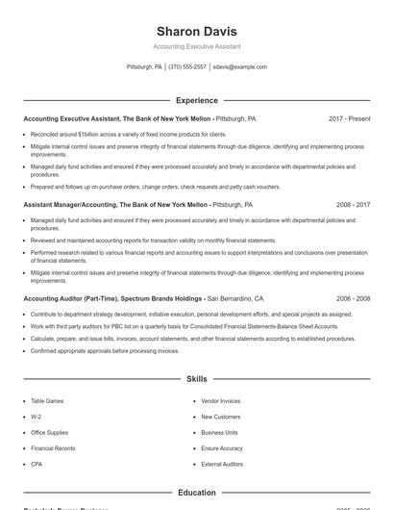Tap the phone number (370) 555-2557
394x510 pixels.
(187, 67)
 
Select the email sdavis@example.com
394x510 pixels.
(239, 67)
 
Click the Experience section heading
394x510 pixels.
(196, 100)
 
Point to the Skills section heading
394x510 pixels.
(196, 380)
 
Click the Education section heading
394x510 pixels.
(196, 493)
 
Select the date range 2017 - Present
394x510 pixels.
(349, 118)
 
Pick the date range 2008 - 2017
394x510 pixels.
(353, 205)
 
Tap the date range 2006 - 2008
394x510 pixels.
(353, 299)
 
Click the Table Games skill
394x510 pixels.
(47, 400)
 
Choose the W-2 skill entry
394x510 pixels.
(36, 417)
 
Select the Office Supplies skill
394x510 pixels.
(51, 432)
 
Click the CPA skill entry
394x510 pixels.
(37, 464)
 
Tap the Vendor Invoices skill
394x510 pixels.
(221, 400)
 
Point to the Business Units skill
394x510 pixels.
(219, 432)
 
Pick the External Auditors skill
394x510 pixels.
(222, 464)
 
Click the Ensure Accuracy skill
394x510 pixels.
(222, 448)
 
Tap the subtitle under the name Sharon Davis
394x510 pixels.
(196, 46)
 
